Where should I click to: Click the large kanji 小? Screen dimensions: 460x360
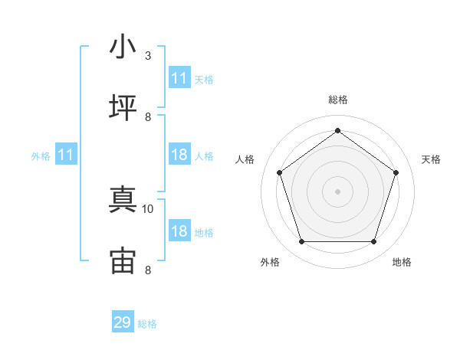point(123,46)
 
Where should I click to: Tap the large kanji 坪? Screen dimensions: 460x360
point(123,107)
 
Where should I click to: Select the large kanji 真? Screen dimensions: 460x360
point(123,199)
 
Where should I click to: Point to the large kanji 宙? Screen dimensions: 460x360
point(123,260)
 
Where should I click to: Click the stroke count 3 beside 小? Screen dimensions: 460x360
point(148,56)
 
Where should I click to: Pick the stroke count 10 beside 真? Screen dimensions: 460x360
point(147,209)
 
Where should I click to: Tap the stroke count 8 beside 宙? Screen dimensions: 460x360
point(148,270)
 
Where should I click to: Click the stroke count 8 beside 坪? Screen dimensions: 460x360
point(148,117)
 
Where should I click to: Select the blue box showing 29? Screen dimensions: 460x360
point(123,321)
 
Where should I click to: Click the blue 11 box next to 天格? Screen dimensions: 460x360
point(179,77)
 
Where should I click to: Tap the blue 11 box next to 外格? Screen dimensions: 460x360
point(66,154)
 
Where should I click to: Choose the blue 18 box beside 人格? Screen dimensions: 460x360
point(179,154)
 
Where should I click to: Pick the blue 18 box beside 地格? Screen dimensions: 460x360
point(179,230)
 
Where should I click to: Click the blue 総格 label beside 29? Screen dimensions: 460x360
point(147,324)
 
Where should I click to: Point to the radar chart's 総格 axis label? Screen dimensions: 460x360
point(338,100)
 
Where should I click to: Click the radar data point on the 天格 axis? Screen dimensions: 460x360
point(396,172)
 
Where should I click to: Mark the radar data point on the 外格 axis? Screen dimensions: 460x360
point(301,241)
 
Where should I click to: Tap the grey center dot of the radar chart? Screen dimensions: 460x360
point(337,191)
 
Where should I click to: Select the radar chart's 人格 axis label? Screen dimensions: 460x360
point(245,159)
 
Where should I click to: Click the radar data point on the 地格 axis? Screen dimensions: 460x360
point(373,241)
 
